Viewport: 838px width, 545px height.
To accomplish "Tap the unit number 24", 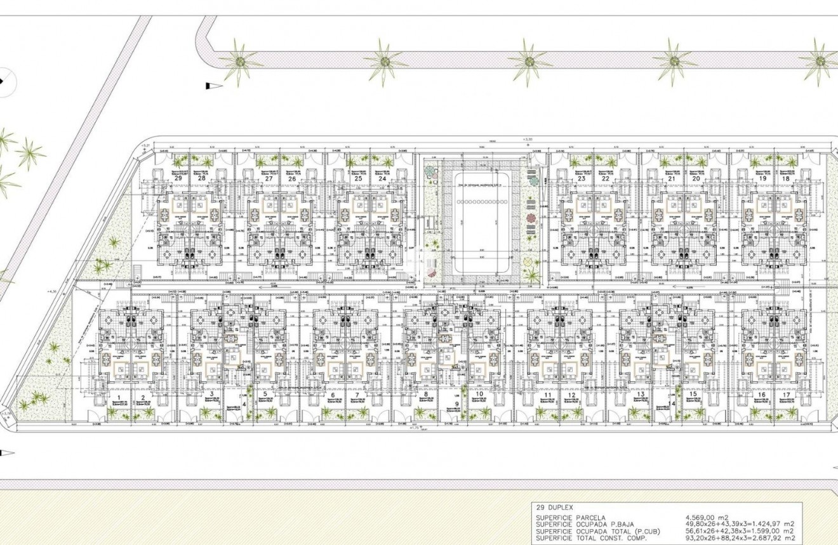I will (x=382, y=179).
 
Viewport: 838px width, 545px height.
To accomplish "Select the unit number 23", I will (x=582, y=179).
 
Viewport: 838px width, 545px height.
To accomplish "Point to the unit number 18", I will (x=787, y=179).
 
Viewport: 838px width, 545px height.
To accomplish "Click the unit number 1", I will (x=118, y=395).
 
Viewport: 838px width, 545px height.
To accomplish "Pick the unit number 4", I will (x=244, y=404).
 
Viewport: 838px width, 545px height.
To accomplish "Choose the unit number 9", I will (x=456, y=404).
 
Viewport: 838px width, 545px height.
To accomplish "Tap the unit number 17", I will (x=787, y=395).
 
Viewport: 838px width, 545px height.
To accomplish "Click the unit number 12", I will (x=572, y=395).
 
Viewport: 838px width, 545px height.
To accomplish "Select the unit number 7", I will (x=358, y=395).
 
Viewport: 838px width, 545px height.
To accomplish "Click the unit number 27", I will (x=269, y=179).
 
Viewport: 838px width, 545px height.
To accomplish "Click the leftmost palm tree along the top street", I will (x=240, y=62).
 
